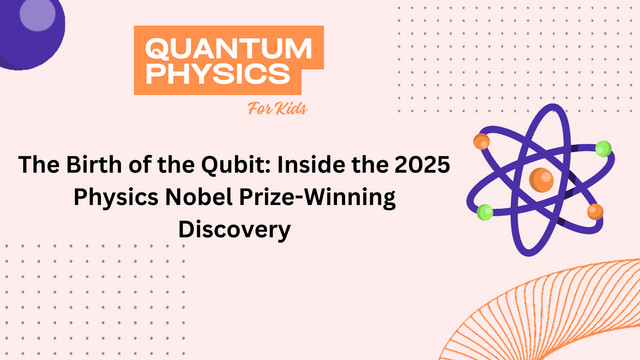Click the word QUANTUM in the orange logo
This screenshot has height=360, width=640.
(x=229, y=49)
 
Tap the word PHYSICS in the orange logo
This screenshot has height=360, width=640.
(x=218, y=73)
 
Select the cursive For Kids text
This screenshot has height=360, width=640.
(x=278, y=109)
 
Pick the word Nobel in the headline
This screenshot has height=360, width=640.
(x=199, y=197)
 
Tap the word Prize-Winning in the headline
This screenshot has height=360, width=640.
(x=318, y=198)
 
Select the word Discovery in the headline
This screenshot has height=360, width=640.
(x=235, y=229)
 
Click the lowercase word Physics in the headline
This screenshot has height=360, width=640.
(x=116, y=198)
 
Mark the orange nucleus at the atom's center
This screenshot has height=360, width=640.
(x=541, y=180)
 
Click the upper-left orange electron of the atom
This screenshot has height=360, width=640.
(x=482, y=141)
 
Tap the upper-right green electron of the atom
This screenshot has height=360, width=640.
(x=603, y=149)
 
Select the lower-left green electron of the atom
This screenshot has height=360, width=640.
(x=485, y=212)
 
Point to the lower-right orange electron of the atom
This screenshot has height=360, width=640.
(x=595, y=212)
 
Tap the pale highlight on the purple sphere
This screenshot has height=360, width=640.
(x=38, y=15)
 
